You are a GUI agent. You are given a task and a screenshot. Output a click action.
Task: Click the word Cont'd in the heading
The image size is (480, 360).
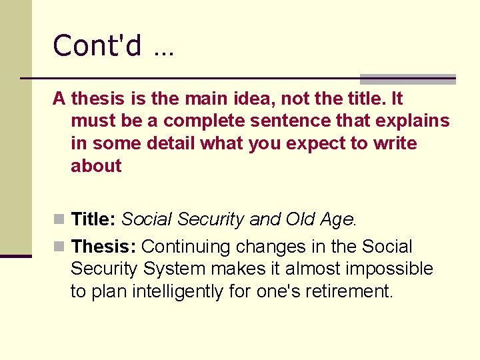(97, 46)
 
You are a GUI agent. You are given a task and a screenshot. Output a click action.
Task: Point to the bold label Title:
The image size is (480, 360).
(94, 219)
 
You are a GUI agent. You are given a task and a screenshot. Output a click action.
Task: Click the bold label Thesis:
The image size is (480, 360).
(104, 247)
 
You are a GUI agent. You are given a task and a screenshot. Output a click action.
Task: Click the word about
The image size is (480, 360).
(96, 166)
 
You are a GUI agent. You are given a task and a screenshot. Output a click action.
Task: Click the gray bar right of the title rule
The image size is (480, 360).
(407, 79)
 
